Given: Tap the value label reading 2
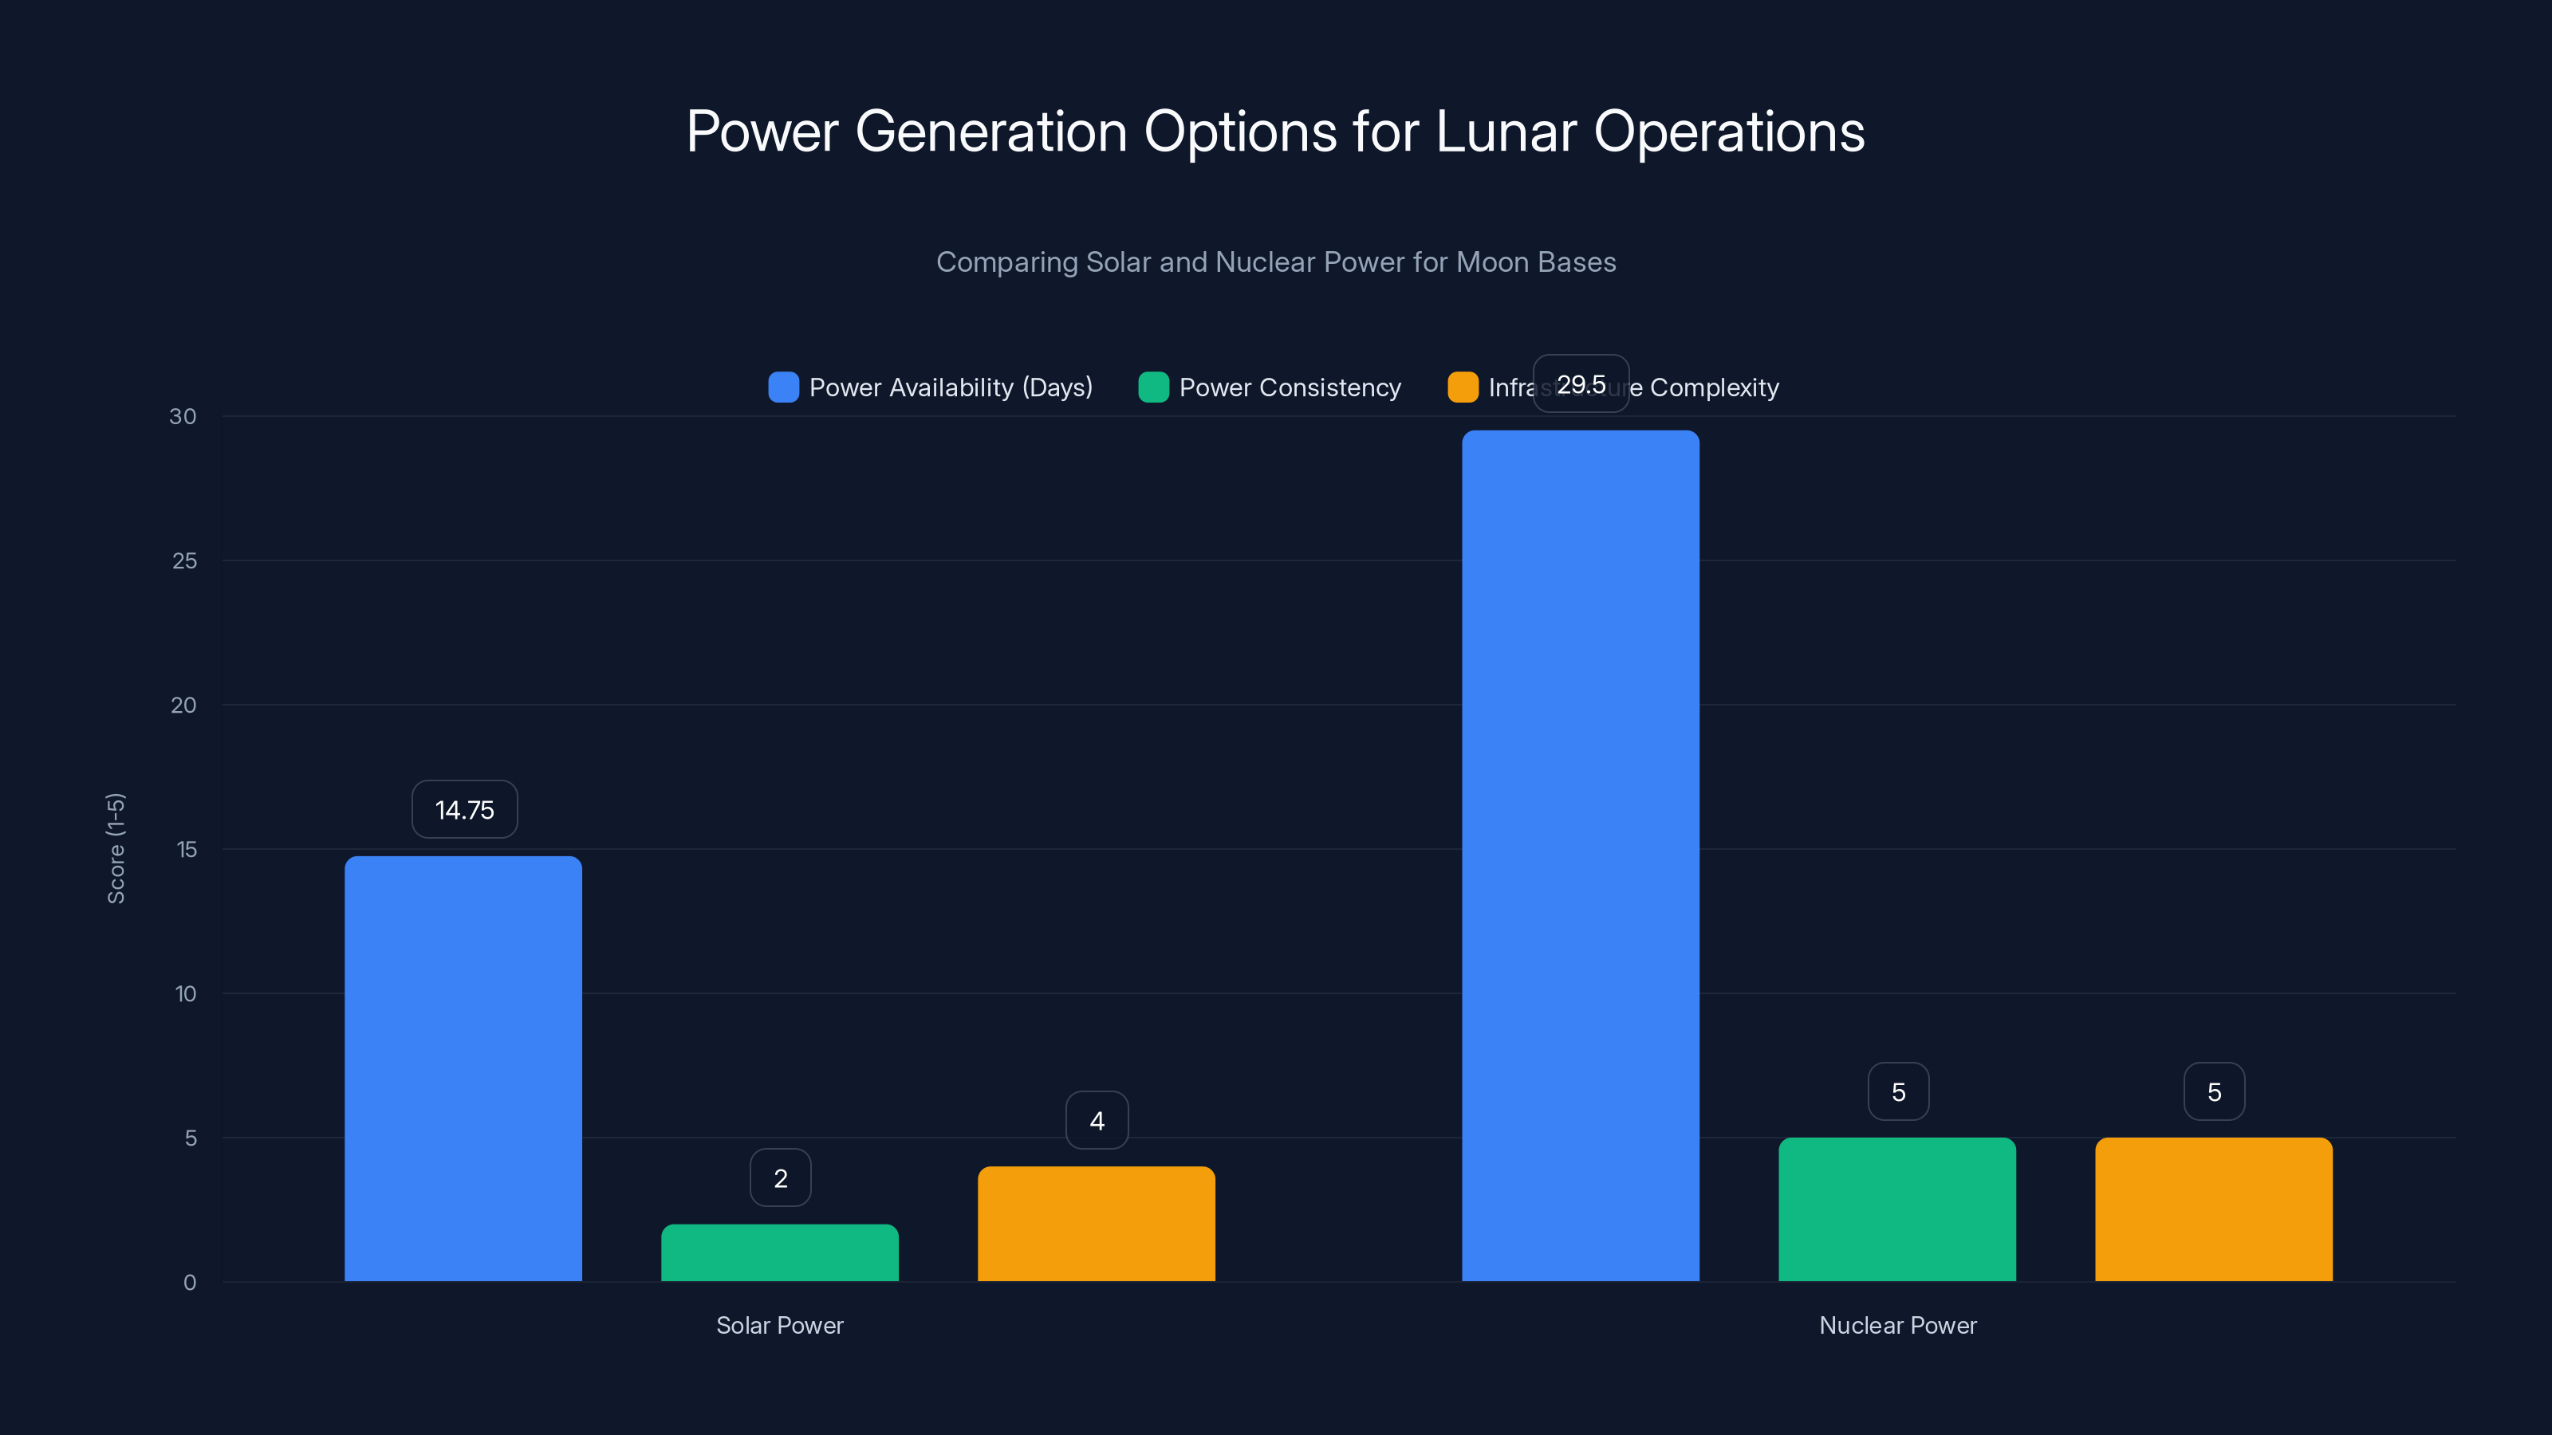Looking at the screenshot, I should pos(780,1177).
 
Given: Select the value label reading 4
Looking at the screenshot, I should pos(1097,1120).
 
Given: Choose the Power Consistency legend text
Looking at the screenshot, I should pos(1290,387).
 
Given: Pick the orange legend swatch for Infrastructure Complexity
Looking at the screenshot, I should pos(1463,387).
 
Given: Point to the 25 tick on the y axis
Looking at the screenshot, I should pos(184,560).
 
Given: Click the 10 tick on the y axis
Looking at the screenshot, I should pos(185,993).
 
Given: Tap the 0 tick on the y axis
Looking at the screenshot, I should pos(189,1283).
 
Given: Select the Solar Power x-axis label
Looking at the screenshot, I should pos(780,1325).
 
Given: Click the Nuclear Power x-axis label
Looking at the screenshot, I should pos(1897,1325).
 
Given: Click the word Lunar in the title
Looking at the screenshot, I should pos(1505,132).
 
